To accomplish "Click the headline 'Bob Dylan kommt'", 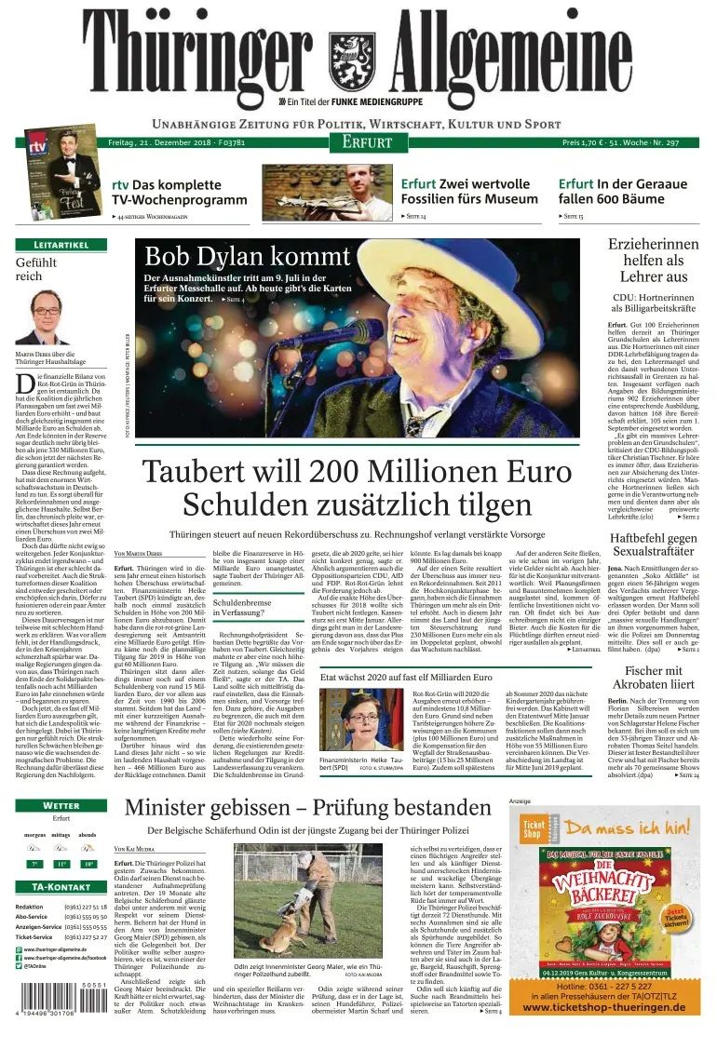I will coord(248,255).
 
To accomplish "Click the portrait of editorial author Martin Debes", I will coord(45,316).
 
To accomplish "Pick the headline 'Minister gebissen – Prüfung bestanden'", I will coord(308,807).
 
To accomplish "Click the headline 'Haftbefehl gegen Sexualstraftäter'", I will coord(652,545).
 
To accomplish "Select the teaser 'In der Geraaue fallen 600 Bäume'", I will coord(623,191).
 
